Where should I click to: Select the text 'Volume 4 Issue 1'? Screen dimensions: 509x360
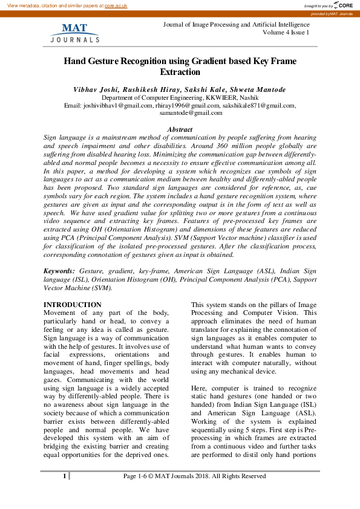click(x=286, y=33)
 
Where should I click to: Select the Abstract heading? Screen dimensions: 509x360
click(x=180, y=129)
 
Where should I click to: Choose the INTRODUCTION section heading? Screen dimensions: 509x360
click(x=73, y=304)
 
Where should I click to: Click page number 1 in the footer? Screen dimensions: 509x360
click(x=64, y=476)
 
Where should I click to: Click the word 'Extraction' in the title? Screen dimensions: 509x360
click(x=179, y=72)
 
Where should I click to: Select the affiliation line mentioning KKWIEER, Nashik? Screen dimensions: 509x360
click(x=179, y=97)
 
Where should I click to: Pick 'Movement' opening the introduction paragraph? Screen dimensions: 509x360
click(x=61, y=312)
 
